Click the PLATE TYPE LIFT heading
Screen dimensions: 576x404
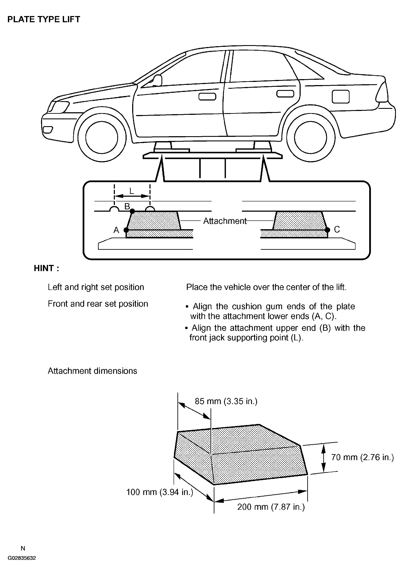44,19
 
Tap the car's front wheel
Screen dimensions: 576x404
101,137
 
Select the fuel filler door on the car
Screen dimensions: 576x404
340,97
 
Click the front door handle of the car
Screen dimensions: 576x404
207,97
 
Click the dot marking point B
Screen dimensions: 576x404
132,211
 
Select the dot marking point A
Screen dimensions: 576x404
126,230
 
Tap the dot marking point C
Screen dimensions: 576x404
327,230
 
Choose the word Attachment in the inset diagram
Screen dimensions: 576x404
225,221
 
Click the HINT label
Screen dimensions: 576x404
46,268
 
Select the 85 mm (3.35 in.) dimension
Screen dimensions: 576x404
226,401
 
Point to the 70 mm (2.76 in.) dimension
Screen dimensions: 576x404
362,457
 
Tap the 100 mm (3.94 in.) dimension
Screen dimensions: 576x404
160,492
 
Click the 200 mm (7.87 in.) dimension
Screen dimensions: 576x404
271,507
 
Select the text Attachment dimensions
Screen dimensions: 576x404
92,371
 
